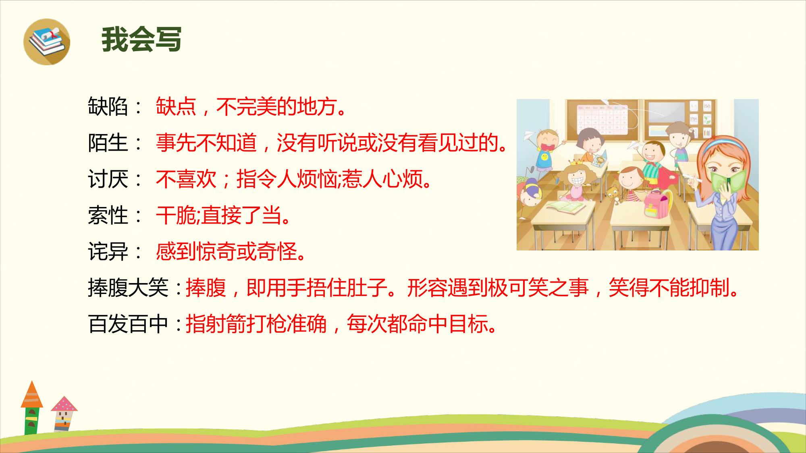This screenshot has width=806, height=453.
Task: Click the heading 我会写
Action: point(141,39)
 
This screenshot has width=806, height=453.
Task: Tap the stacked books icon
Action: point(47,42)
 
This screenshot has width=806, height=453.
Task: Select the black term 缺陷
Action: point(108,107)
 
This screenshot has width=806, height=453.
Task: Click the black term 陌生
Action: point(108,143)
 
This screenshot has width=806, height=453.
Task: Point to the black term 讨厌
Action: point(108,179)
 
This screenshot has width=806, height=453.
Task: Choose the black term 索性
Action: point(108,215)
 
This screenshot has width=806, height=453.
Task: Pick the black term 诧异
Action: point(108,252)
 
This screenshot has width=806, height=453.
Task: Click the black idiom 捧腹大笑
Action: point(128,288)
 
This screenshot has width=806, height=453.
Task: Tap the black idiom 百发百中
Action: point(128,324)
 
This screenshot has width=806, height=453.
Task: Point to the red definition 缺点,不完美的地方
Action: point(251,107)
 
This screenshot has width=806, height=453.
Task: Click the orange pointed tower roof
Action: point(32,394)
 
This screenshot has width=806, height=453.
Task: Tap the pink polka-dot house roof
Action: point(64,403)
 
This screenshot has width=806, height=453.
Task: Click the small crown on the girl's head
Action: point(576,162)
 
